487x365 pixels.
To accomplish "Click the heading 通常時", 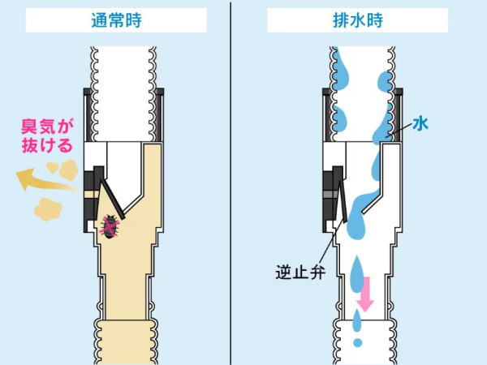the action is [x=116, y=20].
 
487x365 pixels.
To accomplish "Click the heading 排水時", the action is [x=358, y=20].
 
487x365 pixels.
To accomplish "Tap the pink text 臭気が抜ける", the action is [x=47, y=136].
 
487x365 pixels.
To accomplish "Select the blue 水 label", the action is [x=420, y=124].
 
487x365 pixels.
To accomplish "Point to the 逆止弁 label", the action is [x=300, y=273].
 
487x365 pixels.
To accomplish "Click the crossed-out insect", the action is [x=110, y=226].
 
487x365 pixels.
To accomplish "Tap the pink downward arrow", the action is [x=365, y=294].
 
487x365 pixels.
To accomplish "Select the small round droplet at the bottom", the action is [x=358, y=342].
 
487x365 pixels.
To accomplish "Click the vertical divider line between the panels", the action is [x=231, y=183].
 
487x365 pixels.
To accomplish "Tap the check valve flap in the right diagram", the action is [x=343, y=201].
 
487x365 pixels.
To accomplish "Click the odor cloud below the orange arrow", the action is [x=48, y=209].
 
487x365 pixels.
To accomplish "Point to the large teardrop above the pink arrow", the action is [x=358, y=275].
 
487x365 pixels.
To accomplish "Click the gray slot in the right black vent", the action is [x=330, y=195].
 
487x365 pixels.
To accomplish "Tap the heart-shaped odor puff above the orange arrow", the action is [x=52, y=168].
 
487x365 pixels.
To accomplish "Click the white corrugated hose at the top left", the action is [x=123, y=93].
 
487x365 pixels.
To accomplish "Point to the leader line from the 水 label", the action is [x=399, y=128].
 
